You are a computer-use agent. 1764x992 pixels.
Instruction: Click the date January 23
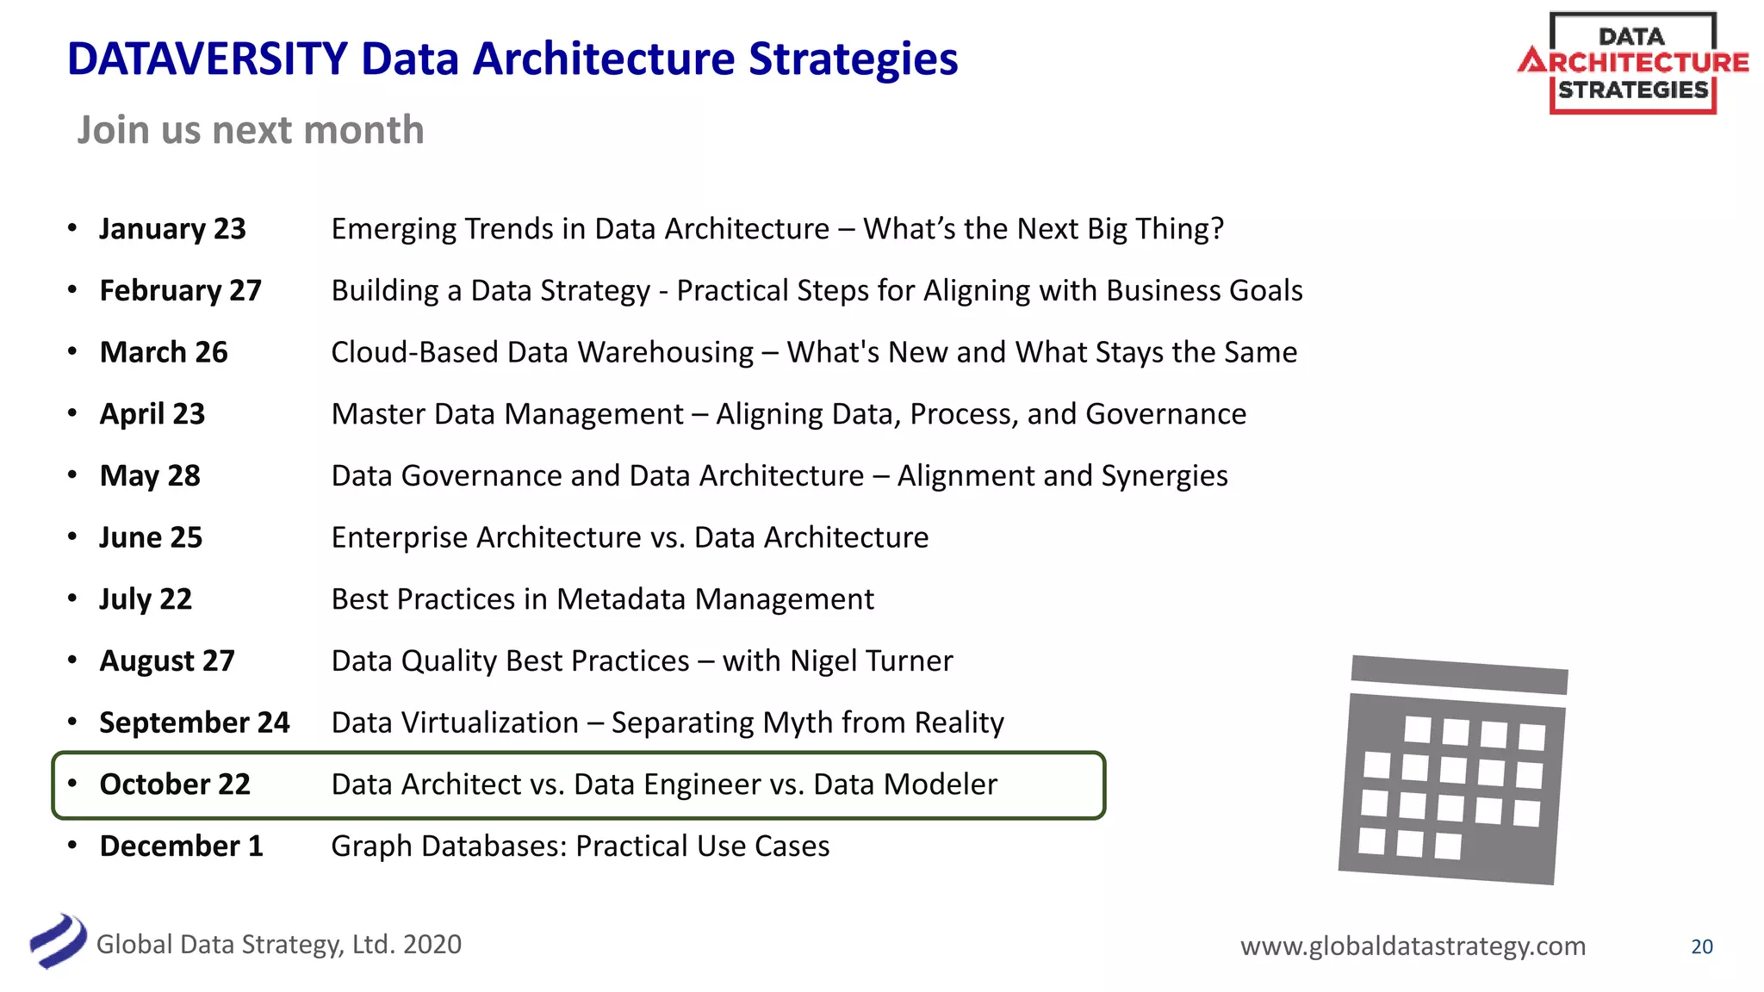pos(172,229)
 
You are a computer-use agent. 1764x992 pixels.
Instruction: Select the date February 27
pos(180,291)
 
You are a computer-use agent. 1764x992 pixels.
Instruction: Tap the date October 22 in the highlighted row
pos(175,784)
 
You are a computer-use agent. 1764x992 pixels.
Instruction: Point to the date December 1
pos(181,846)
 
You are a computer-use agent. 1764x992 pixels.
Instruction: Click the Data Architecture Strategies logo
pos(1632,63)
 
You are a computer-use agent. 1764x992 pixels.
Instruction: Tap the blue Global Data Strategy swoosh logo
pos(58,941)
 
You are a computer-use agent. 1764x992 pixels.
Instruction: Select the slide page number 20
pos(1701,946)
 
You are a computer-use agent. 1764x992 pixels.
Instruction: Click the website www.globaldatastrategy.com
pos(1413,946)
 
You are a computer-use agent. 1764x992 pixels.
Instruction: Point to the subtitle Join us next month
pos(251,131)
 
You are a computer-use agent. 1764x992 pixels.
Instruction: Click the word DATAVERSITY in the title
pos(208,60)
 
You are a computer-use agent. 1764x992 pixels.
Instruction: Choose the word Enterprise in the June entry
pos(400,538)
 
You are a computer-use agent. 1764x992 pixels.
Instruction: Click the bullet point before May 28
pos(72,475)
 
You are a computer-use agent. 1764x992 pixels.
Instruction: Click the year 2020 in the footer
pos(432,945)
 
